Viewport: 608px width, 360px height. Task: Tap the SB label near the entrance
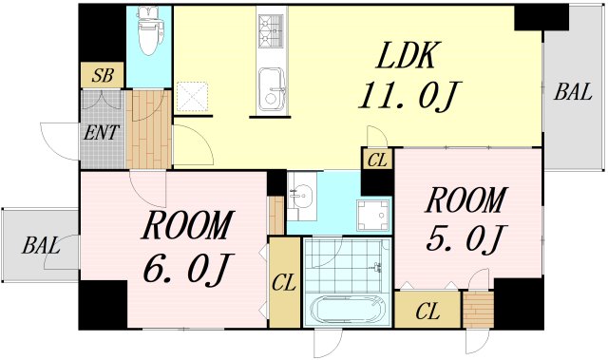pyautogui.click(x=103, y=75)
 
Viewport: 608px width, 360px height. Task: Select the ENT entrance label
pyautogui.click(x=102, y=133)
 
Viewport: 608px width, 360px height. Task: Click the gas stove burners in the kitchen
pyautogui.click(x=272, y=31)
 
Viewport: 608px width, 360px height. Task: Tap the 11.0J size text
pyautogui.click(x=408, y=96)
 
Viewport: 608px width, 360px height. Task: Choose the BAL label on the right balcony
pyautogui.click(x=573, y=92)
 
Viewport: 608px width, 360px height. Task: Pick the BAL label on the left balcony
pyautogui.click(x=41, y=246)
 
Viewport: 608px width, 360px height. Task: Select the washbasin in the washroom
pyautogui.click(x=301, y=194)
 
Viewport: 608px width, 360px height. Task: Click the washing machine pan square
pyautogui.click(x=373, y=216)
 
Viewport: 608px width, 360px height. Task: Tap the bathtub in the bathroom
pyautogui.click(x=349, y=310)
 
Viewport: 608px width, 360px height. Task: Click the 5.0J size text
pyautogui.click(x=465, y=238)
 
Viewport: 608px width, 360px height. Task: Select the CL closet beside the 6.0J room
pyautogui.click(x=285, y=283)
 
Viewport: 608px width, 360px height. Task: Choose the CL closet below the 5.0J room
pyautogui.click(x=428, y=310)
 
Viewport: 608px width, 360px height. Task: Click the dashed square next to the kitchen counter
pyautogui.click(x=192, y=97)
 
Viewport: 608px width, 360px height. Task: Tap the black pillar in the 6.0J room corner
pyautogui.click(x=104, y=305)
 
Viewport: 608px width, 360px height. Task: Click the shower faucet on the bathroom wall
pyautogui.click(x=376, y=267)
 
